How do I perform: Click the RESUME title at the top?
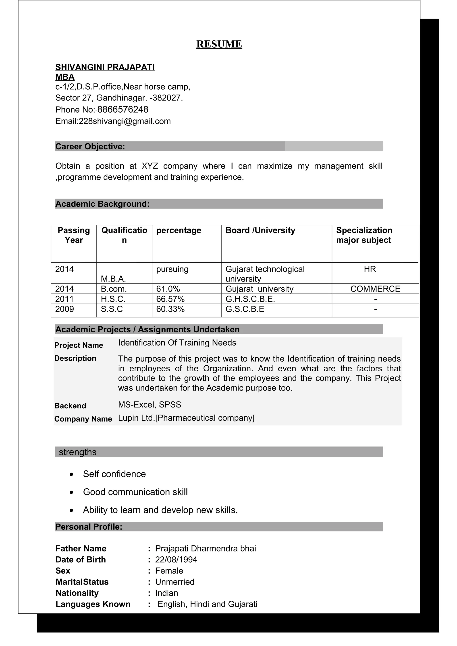click(x=219, y=44)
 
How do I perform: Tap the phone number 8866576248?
click(x=123, y=109)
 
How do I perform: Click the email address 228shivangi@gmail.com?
click(x=125, y=121)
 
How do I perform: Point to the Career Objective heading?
click(x=90, y=147)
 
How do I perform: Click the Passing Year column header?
click(x=74, y=235)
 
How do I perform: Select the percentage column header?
click(x=179, y=230)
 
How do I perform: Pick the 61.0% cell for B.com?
click(x=168, y=289)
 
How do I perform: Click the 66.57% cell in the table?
click(x=170, y=299)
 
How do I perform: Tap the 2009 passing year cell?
click(x=64, y=309)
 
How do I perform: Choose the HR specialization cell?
click(x=370, y=269)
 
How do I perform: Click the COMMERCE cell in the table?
click(x=375, y=289)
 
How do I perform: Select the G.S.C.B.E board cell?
click(x=245, y=309)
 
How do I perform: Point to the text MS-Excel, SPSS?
click(x=150, y=405)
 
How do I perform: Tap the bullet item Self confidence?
click(x=114, y=474)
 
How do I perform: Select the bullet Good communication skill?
click(x=135, y=492)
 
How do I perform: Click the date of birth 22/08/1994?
click(x=176, y=560)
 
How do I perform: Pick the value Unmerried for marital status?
click(x=174, y=582)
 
